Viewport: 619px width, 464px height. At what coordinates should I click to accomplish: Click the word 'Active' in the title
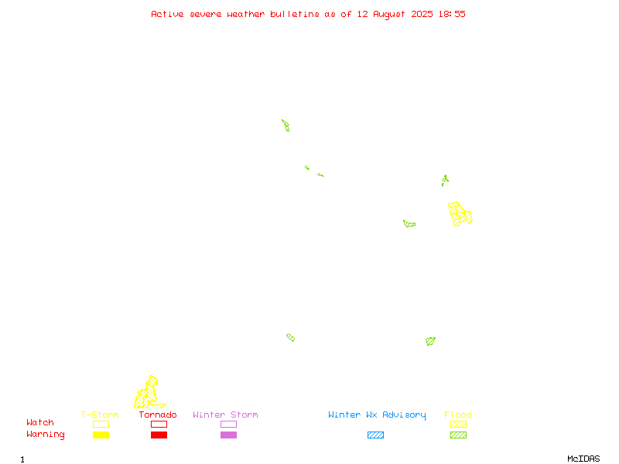point(167,14)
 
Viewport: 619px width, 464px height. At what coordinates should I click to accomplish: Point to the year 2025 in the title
point(422,14)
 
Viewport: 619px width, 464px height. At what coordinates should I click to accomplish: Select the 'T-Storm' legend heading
point(100,415)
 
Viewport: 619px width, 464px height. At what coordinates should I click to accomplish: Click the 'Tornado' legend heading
point(158,415)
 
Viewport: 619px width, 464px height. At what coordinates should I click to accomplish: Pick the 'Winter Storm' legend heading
point(225,415)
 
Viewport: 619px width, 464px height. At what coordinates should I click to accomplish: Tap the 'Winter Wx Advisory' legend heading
point(377,415)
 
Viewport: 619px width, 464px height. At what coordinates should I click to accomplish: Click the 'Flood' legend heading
point(458,415)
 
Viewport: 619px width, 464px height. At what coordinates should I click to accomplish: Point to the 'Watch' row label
point(40,422)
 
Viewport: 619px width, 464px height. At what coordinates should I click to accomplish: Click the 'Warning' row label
point(46,435)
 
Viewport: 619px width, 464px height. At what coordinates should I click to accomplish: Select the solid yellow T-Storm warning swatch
point(101,435)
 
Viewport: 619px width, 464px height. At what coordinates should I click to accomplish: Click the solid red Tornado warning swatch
point(159,435)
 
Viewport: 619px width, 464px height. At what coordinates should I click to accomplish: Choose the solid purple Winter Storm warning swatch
point(228,435)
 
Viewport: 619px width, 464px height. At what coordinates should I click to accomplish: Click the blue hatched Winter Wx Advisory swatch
point(375,435)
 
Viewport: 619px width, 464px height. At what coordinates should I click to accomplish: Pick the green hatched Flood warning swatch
point(458,435)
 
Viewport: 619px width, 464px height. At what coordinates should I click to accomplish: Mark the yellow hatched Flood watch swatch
point(458,424)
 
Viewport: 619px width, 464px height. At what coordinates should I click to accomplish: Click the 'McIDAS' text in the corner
point(583,459)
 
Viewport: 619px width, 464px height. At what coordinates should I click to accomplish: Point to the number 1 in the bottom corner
point(22,459)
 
